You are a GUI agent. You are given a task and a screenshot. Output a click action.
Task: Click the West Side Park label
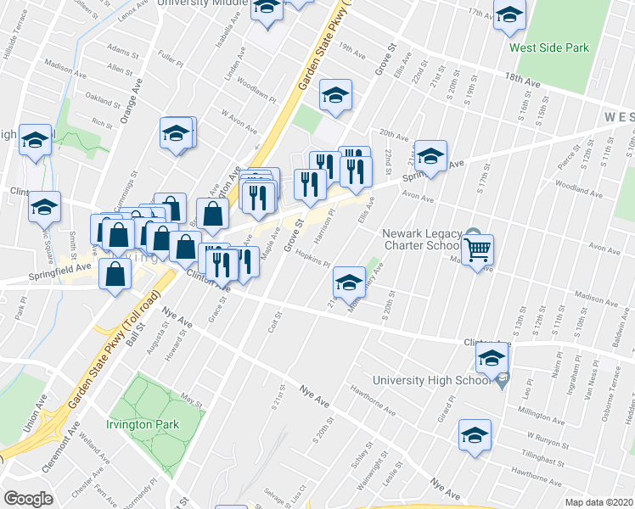(x=548, y=48)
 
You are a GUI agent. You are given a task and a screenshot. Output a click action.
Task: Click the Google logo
(x=28, y=499)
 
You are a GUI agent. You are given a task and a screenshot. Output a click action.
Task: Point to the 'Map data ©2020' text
(x=599, y=502)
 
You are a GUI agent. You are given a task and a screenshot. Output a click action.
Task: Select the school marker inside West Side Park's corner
(x=509, y=16)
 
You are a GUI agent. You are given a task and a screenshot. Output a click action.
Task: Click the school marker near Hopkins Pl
(x=348, y=282)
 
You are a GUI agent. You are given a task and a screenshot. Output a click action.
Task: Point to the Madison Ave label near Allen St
(x=61, y=66)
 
